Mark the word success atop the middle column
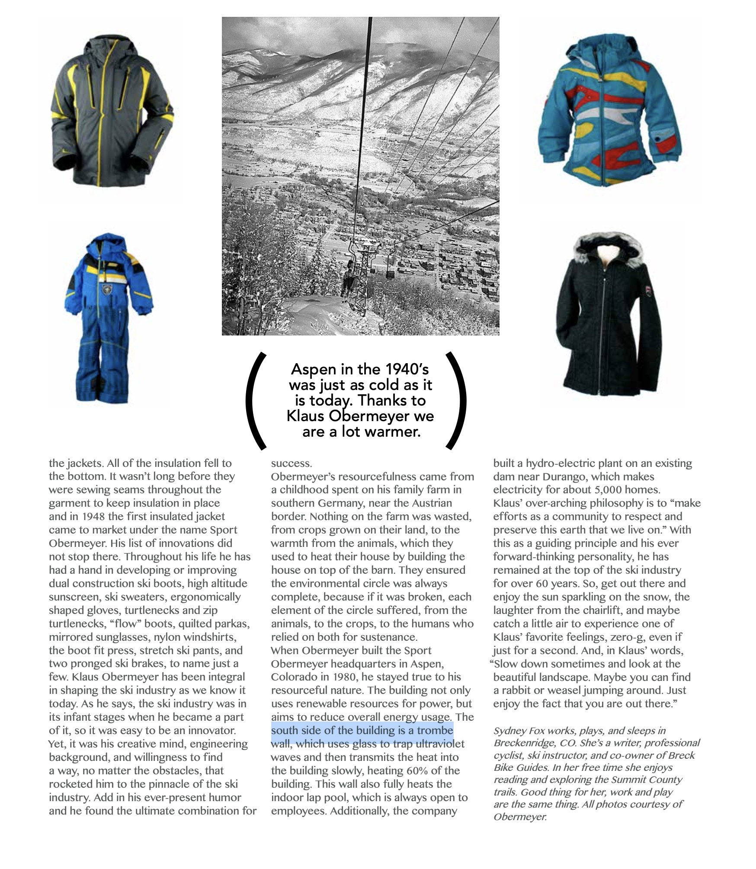pyautogui.click(x=291, y=463)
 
